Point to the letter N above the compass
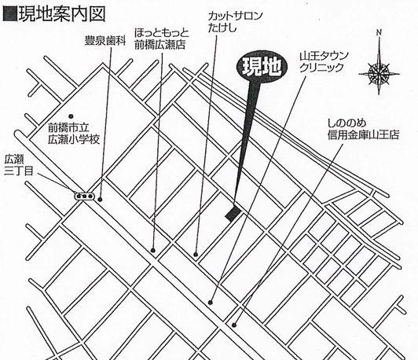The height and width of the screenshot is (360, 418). (x=379, y=33)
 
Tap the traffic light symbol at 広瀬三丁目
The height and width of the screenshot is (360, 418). (x=84, y=195)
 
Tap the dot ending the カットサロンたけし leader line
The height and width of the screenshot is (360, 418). (x=196, y=253)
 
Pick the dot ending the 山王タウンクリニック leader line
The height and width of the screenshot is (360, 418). (x=213, y=301)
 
